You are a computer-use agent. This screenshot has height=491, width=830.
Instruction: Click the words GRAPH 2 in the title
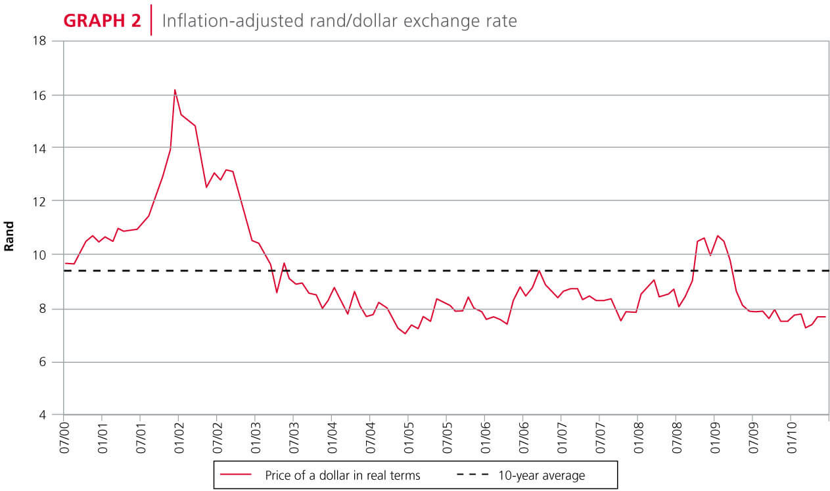102,20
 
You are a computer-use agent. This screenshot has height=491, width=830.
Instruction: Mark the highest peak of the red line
175,90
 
